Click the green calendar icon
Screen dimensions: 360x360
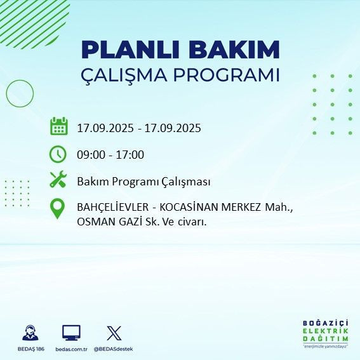pos(58,126)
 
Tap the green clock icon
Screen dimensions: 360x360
pos(58,154)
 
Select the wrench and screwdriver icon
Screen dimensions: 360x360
pos(58,180)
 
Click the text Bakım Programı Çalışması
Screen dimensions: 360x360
pos(143,181)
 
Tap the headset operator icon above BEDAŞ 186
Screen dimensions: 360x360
pos(30,332)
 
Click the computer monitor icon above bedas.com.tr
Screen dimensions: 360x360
pos(71,332)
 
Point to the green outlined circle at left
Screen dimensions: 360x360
pos(20,93)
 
